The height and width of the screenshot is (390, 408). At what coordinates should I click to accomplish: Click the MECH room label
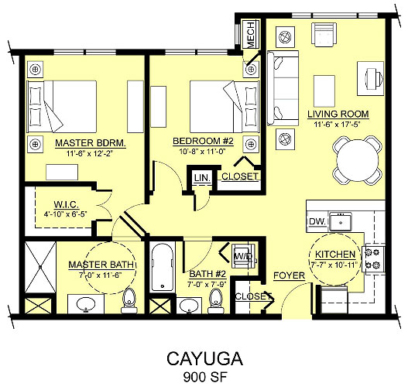250,35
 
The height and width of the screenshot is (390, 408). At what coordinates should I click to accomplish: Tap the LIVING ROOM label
338,114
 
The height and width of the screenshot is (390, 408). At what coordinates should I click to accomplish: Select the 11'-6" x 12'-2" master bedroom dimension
89,154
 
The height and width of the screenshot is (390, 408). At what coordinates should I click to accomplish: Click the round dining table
358,160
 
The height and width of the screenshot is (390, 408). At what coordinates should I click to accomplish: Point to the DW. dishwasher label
317,221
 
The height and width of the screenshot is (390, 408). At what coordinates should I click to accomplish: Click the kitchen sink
341,222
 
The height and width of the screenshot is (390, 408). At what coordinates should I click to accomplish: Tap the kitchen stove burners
374,258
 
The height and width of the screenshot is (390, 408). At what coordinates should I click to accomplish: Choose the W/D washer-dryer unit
244,256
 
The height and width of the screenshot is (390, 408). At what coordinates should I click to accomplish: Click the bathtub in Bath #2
163,267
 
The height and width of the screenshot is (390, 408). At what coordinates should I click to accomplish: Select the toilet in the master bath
129,301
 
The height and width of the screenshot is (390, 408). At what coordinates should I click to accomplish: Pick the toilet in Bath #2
216,301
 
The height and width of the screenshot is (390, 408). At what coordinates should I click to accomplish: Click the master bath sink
86,303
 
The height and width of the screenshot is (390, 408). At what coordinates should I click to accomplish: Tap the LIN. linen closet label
202,178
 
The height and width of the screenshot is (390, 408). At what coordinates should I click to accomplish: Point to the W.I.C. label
66,204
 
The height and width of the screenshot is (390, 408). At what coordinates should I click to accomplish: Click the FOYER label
289,275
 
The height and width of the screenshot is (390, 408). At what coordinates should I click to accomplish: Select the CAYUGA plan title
205,359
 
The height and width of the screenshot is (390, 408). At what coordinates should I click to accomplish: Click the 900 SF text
205,377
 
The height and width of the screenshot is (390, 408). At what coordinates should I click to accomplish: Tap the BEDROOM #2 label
203,141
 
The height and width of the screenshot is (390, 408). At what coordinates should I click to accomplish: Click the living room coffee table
324,91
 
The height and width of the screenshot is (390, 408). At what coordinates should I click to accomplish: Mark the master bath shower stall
40,267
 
